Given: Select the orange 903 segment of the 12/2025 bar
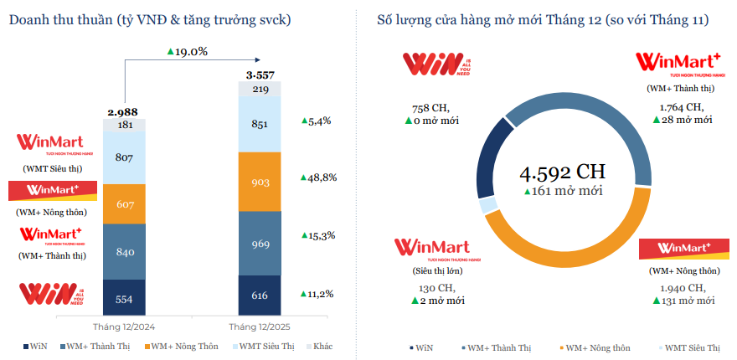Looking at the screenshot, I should [x=260, y=182].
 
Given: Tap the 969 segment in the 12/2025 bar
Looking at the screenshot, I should [x=260, y=244].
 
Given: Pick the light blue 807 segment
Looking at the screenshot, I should [x=124, y=157].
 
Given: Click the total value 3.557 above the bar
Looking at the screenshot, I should [x=260, y=75].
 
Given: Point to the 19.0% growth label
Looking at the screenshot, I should [x=188, y=51].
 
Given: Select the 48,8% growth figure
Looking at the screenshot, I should [x=319, y=177].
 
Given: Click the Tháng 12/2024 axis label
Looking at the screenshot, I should [x=124, y=327].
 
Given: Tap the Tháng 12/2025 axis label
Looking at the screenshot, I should [x=260, y=327].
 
